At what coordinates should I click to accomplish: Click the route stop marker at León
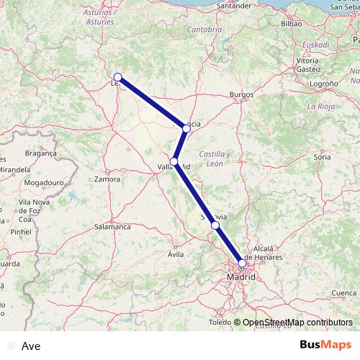[x=117, y=77]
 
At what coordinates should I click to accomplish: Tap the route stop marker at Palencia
[x=186, y=128]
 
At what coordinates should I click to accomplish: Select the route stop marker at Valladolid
[x=174, y=161]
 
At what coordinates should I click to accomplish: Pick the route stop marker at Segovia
[x=215, y=225]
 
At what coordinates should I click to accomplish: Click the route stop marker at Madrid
[x=242, y=264]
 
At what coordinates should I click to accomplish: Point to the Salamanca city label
[x=112, y=226]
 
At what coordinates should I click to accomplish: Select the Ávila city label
[x=176, y=254]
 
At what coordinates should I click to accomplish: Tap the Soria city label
[x=321, y=156]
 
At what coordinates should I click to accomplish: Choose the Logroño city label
[x=325, y=84]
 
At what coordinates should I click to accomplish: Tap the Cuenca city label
[x=345, y=293]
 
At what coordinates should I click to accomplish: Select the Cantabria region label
[x=204, y=30]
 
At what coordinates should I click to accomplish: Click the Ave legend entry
[x=31, y=346]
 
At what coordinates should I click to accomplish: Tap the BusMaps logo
[x=325, y=345]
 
